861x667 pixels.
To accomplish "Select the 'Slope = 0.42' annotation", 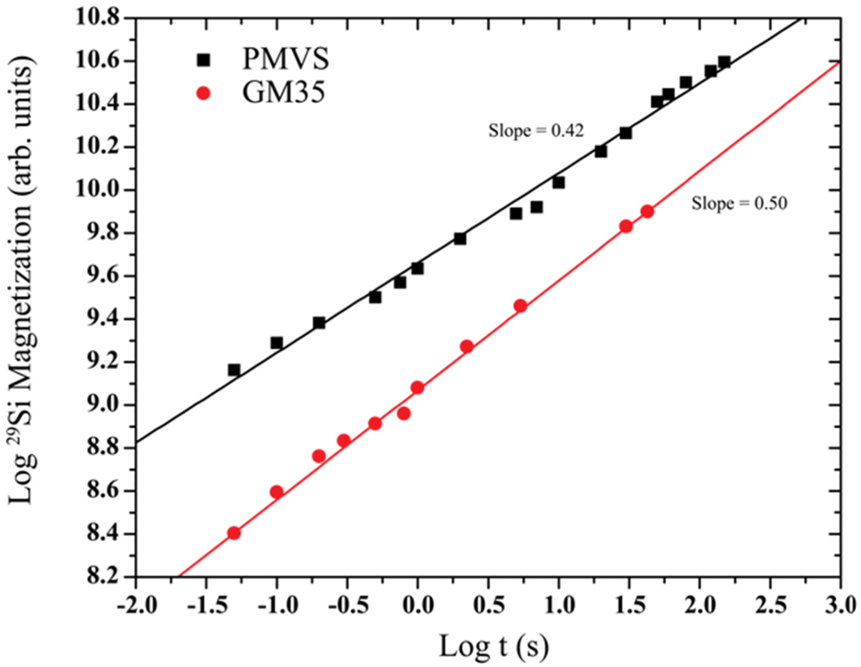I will pos(536,131).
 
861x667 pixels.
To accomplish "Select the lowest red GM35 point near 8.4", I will pos(234,533).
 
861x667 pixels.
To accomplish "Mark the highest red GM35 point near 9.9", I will pos(647,212).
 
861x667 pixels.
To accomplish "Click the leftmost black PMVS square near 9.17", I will pos(234,370).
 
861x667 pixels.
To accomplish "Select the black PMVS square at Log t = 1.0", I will pos(558,183).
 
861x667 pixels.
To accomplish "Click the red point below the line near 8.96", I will pos(403,413).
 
